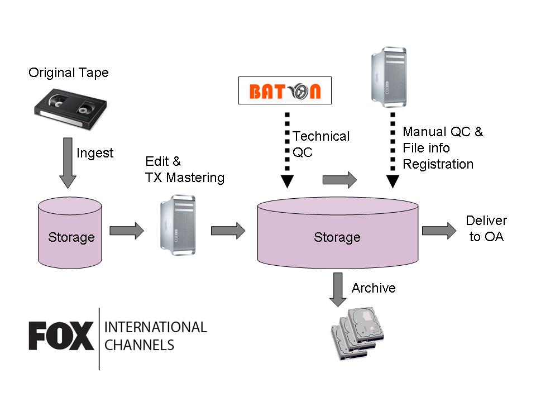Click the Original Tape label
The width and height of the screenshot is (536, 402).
[x=69, y=73]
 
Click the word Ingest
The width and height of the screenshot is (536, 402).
[x=95, y=152]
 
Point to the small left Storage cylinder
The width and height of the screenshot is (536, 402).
[x=70, y=234]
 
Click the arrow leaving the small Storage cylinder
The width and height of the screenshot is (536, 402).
[x=127, y=231]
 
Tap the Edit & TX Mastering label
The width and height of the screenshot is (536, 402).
[x=185, y=170]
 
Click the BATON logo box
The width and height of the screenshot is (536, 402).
[x=285, y=90]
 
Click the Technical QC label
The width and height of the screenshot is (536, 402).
[x=321, y=144]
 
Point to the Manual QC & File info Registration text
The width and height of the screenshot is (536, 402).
[x=443, y=148]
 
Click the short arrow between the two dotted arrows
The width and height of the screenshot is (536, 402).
[x=339, y=180]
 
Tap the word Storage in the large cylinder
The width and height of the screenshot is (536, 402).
[x=337, y=237]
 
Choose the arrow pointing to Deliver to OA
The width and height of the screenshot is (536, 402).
[x=439, y=231]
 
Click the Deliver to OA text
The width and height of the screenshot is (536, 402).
[x=486, y=229]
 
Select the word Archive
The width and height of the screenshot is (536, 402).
[x=374, y=288]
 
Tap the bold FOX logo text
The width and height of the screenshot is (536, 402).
[x=61, y=337]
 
